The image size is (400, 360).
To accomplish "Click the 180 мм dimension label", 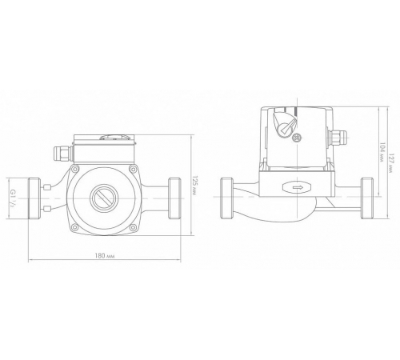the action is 105,255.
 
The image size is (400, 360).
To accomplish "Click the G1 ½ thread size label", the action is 13,198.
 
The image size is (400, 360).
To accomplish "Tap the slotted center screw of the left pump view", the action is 104,198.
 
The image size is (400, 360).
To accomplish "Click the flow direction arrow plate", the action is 297,187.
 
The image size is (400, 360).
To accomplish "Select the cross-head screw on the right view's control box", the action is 297,138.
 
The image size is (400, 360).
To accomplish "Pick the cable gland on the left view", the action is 63,154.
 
